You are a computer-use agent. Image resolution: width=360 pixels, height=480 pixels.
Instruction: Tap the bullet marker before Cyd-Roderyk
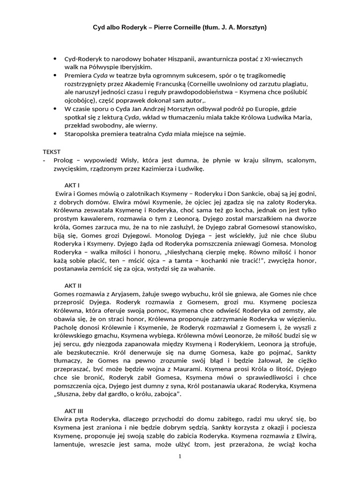pyautogui.click(x=55, y=59)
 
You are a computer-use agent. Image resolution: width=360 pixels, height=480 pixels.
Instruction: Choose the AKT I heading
pyautogui.click(x=72, y=185)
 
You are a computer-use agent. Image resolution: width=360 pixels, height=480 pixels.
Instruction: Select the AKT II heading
pyautogui.click(x=73, y=284)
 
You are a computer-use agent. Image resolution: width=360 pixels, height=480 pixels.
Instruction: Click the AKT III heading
pyautogui.click(x=74, y=410)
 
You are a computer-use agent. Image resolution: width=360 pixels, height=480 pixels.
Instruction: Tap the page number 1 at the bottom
pyautogui.click(x=180, y=457)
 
